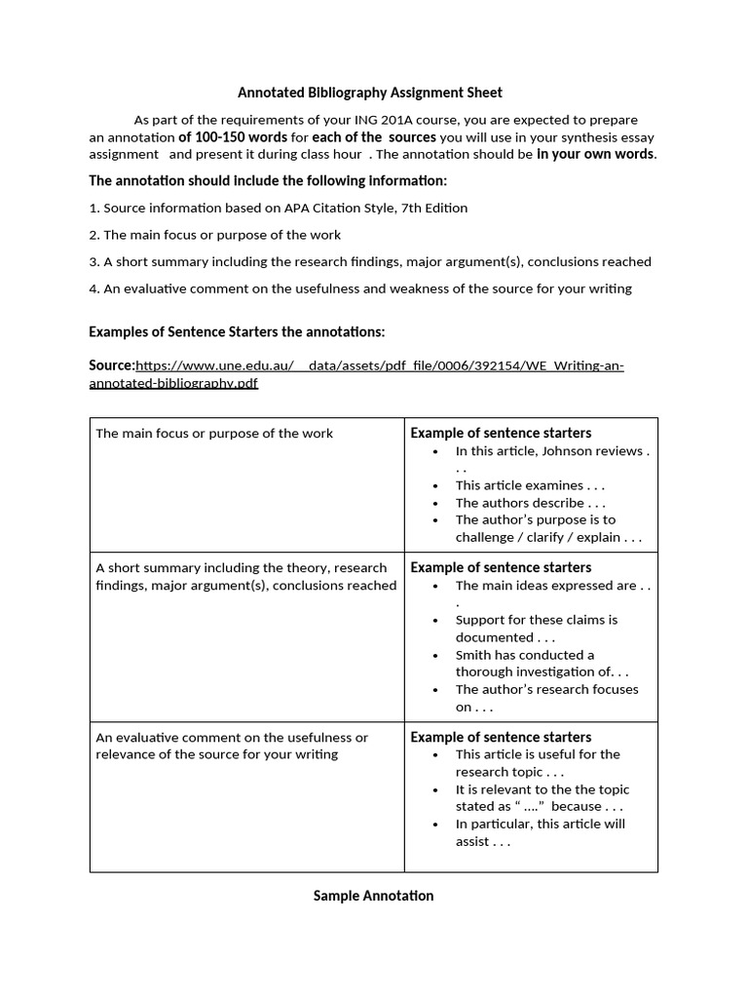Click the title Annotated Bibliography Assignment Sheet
(370, 93)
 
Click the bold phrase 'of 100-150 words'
(233, 137)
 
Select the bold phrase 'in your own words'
(596, 154)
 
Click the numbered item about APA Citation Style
(278, 208)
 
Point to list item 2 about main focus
(214, 235)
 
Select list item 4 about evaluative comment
(360, 288)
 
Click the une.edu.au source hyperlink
(380, 366)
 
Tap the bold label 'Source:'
(111, 365)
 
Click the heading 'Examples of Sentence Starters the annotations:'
(237, 331)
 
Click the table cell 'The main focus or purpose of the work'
(214, 434)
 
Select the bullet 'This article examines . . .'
(530, 485)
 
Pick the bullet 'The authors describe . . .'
(530, 503)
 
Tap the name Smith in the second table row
(474, 655)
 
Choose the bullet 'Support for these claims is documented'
(536, 629)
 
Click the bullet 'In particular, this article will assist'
(542, 832)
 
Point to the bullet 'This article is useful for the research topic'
(538, 763)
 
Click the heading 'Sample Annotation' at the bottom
(373, 896)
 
